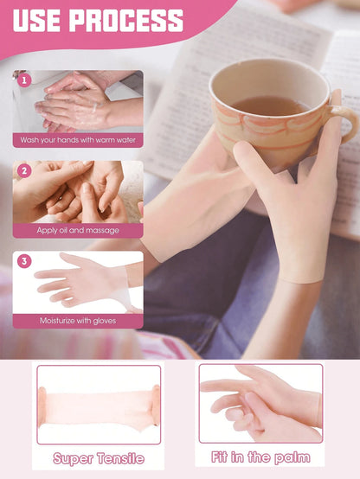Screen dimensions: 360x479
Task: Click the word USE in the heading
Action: pyautogui.click(x=36, y=21)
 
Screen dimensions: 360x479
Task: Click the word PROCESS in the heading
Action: pyautogui.click(x=127, y=21)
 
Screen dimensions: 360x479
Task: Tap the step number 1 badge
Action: pyautogui.click(x=24, y=80)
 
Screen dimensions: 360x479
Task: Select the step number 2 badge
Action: pyautogui.click(x=24, y=171)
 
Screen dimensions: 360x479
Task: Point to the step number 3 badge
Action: pyautogui.click(x=24, y=261)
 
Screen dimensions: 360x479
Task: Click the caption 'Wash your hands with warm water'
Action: pyautogui.click(x=78, y=140)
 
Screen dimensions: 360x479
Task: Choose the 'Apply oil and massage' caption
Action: pyautogui.click(x=78, y=230)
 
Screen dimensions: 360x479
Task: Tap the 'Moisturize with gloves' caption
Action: pyautogui.click(x=78, y=321)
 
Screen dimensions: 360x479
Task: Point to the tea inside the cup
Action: pyautogui.click(x=270, y=106)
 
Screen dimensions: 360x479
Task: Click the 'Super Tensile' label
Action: pyautogui.click(x=99, y=458)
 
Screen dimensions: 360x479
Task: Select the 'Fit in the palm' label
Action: pyautogui.click(x=260, y=457)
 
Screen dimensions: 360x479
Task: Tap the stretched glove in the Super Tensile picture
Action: pyautogui.click(x=99, y=406)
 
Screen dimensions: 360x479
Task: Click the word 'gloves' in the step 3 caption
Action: pyautogui.click(x=105, y=321)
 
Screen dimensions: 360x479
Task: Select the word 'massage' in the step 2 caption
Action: pyautogui.click(x=102, y=231)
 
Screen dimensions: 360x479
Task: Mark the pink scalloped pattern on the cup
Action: pyautogui.click(x=269, y=122)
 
